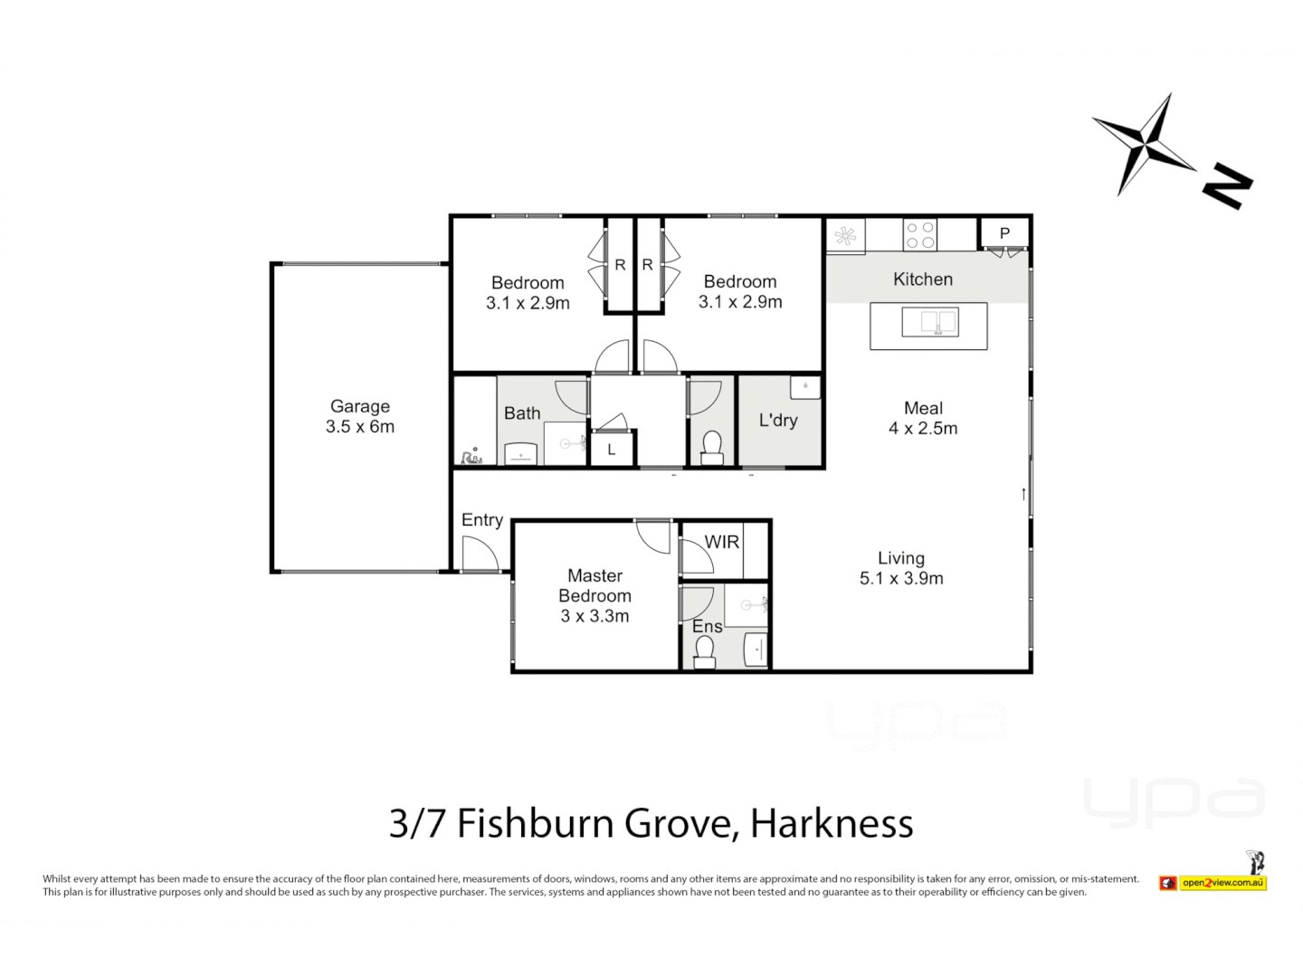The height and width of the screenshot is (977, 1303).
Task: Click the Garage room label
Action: pyautogui.click(x=360, y=417)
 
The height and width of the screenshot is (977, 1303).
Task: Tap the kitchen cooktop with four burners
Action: pyautogui.click(x=920, y=235)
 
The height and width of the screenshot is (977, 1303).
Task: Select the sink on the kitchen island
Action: pyautogui.click(x=929, y=322)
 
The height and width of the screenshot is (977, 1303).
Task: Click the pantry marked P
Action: pyautogui.click(x=1004, y=233)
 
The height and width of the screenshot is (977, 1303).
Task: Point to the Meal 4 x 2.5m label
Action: pyautogui.click(x=923, y=418)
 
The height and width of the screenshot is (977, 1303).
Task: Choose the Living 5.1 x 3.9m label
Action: pyautogui.click(x=901, y=568)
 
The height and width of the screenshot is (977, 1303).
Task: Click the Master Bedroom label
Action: pyautogui.click(x=594, y=595)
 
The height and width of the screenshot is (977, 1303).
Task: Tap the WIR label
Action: pyautogui.click(x=721, y=542)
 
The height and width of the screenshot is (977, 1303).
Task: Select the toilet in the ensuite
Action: pyautogui.click(x=704, y=650)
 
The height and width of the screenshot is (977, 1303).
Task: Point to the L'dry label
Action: pyautogui.click(x=778, y=420)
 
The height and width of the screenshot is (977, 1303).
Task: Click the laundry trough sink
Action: pyautogui.click(x=804, y=387)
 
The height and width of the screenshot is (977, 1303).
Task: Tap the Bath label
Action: pyautogui.click(x=522, y=413)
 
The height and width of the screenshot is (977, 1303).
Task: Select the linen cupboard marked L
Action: pyautogui.click(x=612, y=450)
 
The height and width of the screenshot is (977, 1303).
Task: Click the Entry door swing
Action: pyautogui.click(x=479, y=554)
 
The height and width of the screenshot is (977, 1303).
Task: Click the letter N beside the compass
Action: pyautogui.click(x=1227, y=186)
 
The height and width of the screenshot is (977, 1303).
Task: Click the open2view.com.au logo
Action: pyautogui.click(x=1222, y=882)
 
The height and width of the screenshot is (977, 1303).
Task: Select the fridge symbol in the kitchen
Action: pyautogui.click(x=845, y=236)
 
